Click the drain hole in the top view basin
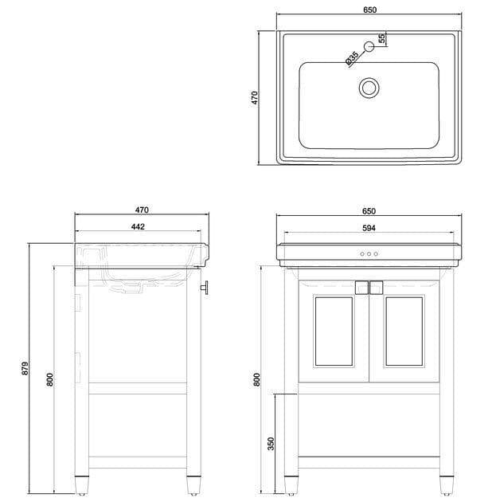click(369, 87)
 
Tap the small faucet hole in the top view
click(369, 47)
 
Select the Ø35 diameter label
click(350, 58)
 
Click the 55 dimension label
click(381, 38)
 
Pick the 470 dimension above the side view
click(142, 210)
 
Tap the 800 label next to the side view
click(50, 380)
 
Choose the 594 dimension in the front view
click(369, 228)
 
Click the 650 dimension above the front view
click(369, 210)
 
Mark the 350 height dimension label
click(271, 443)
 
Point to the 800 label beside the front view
click(257, 380)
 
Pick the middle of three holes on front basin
click(369, 254)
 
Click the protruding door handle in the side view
click(205, 288)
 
